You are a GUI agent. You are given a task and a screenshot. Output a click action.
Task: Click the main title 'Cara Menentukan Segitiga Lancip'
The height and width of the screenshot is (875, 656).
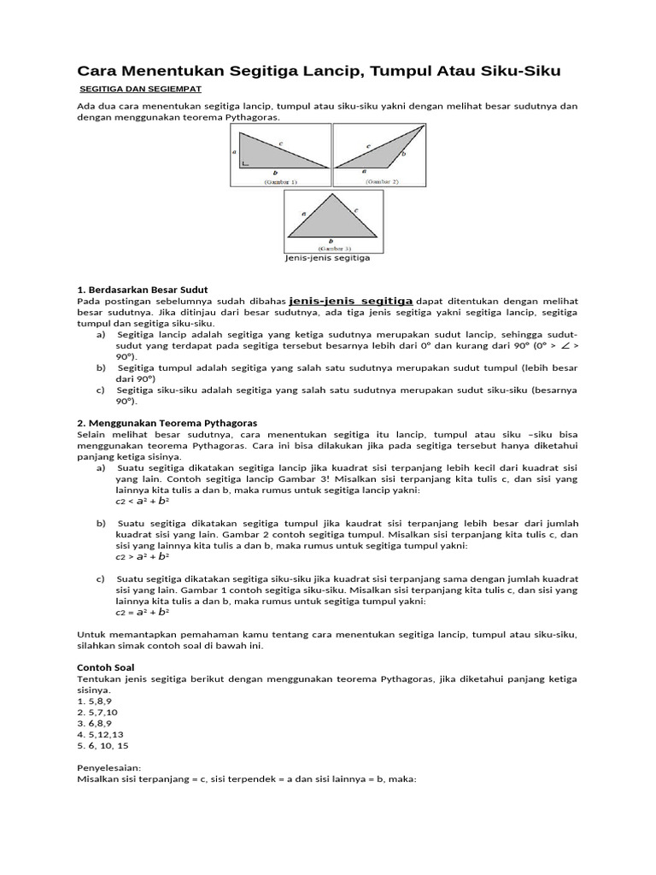(x=319, y=71)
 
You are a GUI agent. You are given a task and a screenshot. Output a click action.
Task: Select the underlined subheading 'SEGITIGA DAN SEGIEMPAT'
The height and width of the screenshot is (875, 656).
(x=140, y=89)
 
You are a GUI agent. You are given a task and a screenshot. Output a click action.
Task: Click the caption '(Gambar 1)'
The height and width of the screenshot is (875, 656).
(x=279, y=182)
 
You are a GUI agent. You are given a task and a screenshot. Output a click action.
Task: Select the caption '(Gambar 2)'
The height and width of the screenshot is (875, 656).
(x=383, y=182)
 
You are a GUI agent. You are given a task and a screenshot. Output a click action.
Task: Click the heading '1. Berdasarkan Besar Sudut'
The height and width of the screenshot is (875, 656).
(x=143, y=290)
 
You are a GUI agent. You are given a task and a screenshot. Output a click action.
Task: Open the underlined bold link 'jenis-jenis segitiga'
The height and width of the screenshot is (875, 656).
(x=351, y=301)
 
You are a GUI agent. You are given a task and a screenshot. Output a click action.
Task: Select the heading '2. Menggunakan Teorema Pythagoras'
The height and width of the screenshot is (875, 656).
(x=167, y=423)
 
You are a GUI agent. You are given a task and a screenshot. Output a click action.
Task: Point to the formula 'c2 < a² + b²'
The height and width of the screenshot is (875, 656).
(x=143, y=502)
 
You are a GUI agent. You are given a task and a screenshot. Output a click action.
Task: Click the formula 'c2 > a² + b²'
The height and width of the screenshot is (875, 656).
(x=143, y=556)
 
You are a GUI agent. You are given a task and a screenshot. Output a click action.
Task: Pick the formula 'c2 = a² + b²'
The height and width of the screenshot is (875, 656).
(x=143, y=612)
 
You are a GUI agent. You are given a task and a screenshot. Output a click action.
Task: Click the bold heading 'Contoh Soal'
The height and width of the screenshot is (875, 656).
(x=106, y=667)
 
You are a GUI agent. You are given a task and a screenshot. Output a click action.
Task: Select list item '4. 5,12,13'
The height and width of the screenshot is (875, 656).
(x=100, y=733)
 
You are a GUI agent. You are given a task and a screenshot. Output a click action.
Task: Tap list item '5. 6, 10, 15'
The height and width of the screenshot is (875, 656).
(x=103, y=745)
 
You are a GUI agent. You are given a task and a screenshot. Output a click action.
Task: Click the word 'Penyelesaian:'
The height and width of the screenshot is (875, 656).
(x=109, y=767)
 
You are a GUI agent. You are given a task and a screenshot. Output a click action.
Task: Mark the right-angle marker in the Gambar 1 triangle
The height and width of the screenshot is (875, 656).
(x=246, y=162)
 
